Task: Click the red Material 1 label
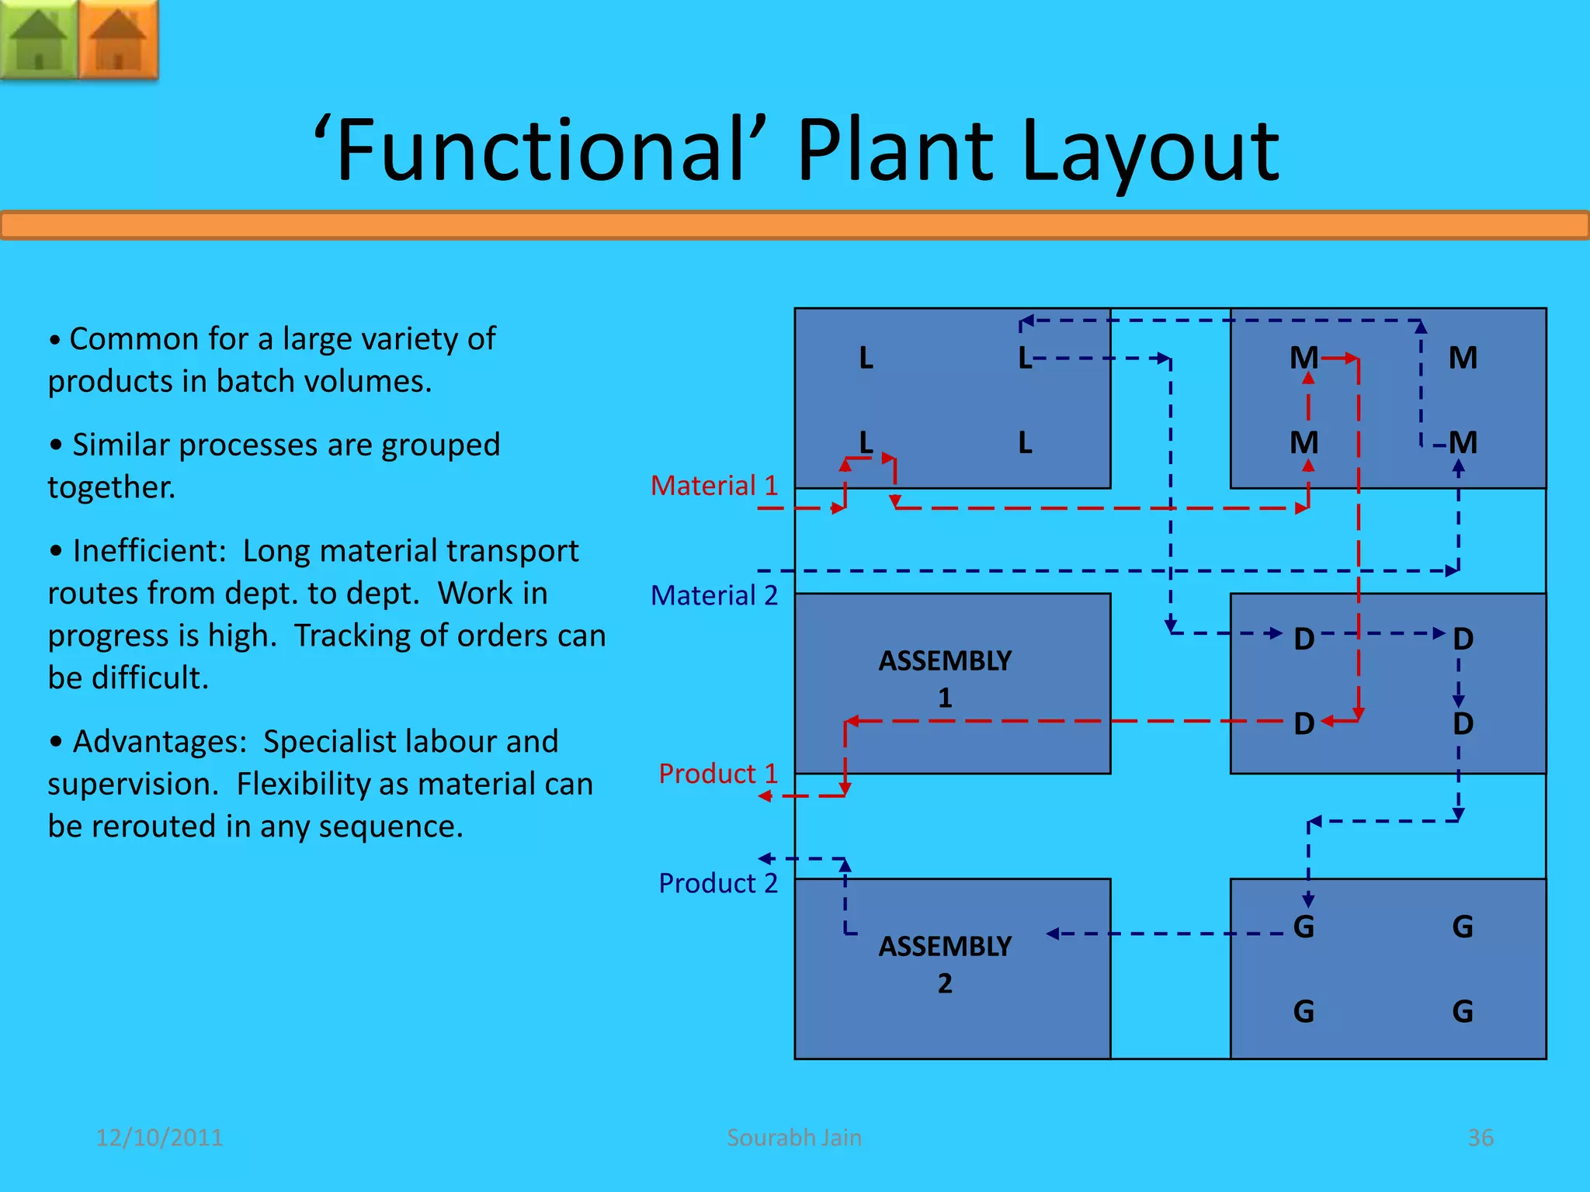pos(713,486)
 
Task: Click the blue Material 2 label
pos(713,595)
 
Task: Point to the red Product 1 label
pos(717,774)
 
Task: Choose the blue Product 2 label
pos(717,883)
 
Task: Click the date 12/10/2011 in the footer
pos(159,1138)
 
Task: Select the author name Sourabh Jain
pos(793,1138)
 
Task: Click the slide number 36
pos(1480,1138)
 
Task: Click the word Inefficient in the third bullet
pos(148,551)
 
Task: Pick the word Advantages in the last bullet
pos(159,742)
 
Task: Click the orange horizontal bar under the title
pos(795,226)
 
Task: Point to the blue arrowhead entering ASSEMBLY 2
pos(1053,934)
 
